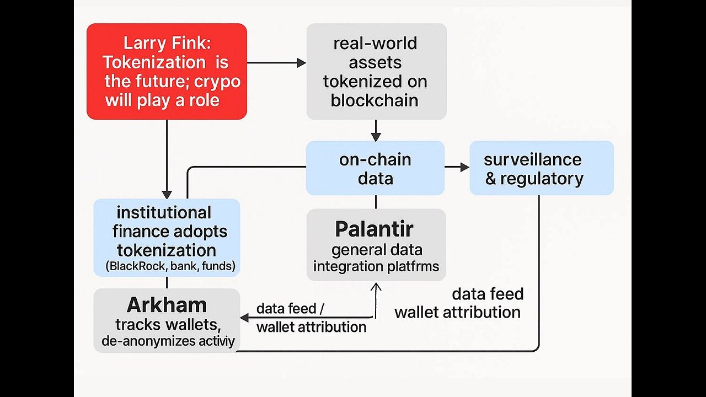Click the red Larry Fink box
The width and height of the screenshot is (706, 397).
(167, 71)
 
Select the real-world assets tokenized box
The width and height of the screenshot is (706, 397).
(376, 71)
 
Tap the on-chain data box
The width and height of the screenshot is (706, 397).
(375, 168)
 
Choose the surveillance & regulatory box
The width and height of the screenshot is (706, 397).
(541, 168)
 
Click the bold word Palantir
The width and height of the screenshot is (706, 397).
(374, 229)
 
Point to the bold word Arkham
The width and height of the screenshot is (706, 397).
(167, 305)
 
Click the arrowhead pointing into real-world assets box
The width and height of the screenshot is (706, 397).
(301, 63)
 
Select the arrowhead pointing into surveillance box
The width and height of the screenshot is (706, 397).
(464, 167)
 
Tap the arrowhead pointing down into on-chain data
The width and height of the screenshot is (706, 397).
(376, 136)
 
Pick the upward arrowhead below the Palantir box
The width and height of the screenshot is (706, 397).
(376, 287)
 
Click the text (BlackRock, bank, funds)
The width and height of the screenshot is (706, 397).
(170, 267)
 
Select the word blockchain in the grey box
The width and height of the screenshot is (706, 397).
(374, 100)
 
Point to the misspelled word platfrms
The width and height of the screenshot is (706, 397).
(413, 266)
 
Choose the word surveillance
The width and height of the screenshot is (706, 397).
(532, 160)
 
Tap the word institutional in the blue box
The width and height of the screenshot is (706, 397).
(163, 212)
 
